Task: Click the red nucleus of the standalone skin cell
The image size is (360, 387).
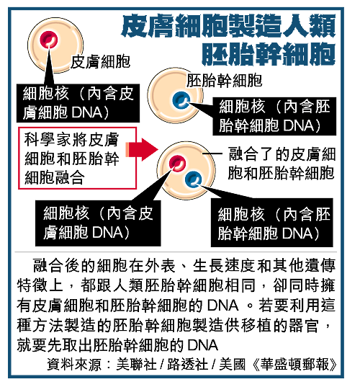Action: point(48,40)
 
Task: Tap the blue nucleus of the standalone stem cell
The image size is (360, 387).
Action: point(181,100)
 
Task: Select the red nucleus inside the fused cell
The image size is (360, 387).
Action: point(177,163)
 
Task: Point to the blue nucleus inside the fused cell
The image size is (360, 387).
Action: point(193,179)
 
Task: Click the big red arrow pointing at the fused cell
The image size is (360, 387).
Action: point(142,150)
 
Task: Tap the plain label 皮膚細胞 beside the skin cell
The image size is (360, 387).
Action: point(100,62)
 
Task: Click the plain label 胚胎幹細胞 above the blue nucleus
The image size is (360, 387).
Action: point(224,81)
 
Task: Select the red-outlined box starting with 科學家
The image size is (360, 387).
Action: point(78,159)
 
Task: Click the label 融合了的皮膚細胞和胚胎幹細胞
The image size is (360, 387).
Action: point(282,164)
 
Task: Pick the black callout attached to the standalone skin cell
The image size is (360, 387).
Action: point(78,103)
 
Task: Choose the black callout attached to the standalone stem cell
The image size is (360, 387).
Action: point(274,116)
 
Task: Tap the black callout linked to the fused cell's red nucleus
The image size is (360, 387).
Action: point(98,223)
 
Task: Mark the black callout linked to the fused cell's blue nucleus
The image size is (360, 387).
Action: point(271,223)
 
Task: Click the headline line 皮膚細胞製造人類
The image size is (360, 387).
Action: point(228,25)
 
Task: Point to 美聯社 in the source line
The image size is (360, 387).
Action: point(136,364)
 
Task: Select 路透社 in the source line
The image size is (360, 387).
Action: point(188,364)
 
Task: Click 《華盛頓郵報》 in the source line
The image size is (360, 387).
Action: point(294,364)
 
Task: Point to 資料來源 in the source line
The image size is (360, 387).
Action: point(74,364)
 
